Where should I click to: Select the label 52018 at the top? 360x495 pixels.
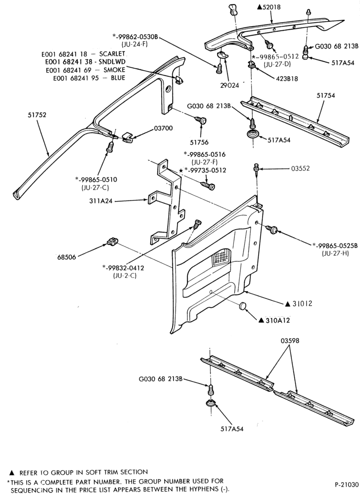269,7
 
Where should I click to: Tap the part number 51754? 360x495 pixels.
326,96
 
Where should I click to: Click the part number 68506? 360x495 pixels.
67,257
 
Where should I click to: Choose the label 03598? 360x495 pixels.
290,341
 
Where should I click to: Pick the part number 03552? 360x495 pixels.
300,168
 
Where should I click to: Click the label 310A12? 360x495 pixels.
273,320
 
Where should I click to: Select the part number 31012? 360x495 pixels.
298,304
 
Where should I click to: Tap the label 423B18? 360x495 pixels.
286,79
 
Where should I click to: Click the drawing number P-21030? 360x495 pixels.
347,484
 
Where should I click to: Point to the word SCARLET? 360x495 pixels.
112,53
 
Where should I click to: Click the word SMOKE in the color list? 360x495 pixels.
114,70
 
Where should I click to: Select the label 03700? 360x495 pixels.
163,129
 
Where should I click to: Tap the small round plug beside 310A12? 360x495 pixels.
242,305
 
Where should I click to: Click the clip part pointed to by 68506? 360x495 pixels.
112,242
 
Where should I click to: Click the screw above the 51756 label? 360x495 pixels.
200,121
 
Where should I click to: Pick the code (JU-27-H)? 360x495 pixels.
335,253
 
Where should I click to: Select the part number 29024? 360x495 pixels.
229,85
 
